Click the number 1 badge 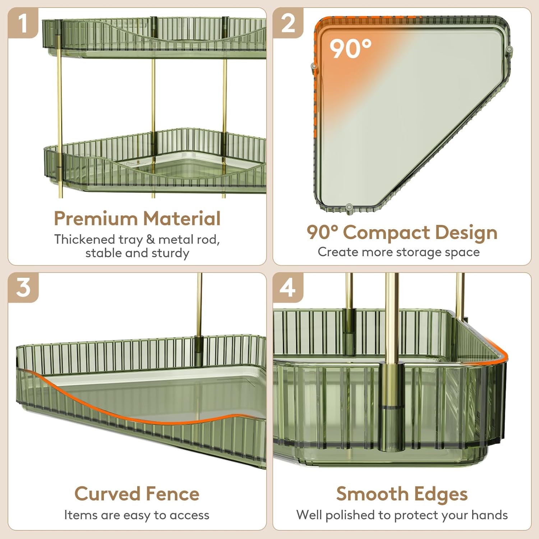(23, 23)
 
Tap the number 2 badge (288, 23)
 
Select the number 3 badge (23, 287)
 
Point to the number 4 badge (288, 287)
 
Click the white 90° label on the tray (350, 49)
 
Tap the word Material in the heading (181, 218)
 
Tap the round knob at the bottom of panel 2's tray (349, 207)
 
